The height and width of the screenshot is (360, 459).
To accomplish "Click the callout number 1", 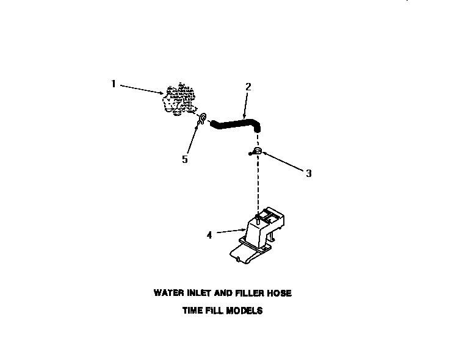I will click(x=113, y=84).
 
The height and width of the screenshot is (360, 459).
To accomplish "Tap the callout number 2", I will click(x=248, y=87).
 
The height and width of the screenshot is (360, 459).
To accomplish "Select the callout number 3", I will click(x=309, y=173).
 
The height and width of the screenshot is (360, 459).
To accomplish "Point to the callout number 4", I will click(x=209, y=234).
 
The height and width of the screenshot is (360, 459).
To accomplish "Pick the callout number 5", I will click(x=184, y=160).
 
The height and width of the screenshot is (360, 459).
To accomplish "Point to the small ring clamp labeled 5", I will click(x=202, y=117).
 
